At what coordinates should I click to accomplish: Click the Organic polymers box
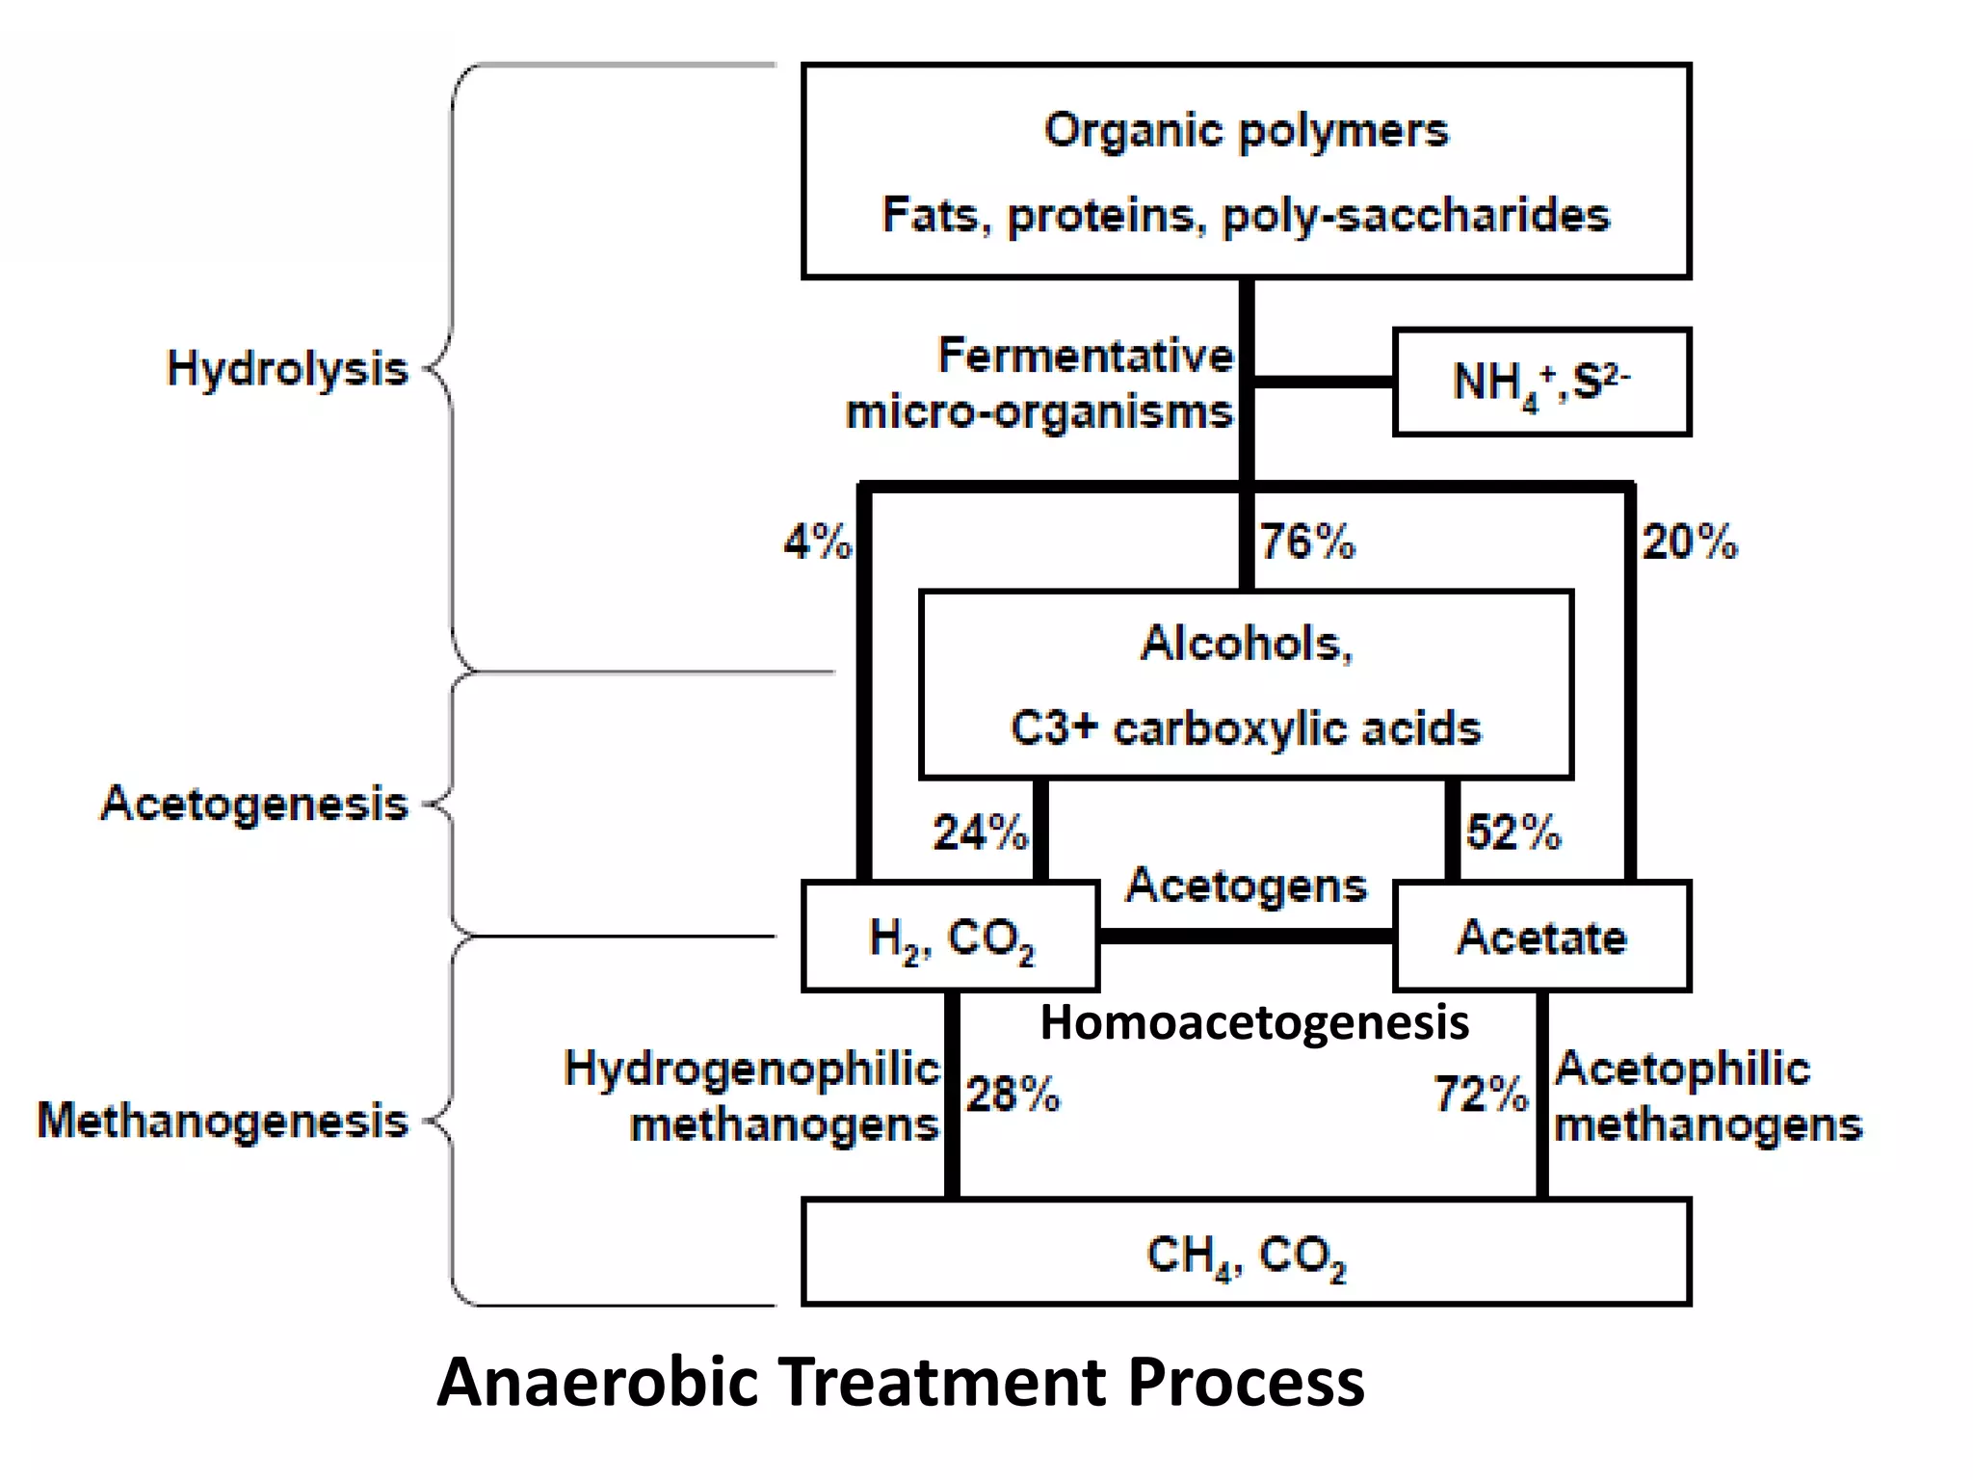pos(1246,172)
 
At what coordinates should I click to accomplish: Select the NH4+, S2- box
pos(1540,383)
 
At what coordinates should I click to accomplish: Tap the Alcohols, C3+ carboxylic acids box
pos(1246,685)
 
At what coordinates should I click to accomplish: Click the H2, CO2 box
pos(950,937)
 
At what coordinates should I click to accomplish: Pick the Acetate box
pos(1541,937)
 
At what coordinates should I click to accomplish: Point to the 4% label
pos(817,542)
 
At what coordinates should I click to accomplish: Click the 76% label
pos(1307,542)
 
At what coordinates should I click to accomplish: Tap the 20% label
pos(1690,542)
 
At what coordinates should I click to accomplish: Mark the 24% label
pos(980,832)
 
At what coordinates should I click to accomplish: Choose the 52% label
pos(1513,832)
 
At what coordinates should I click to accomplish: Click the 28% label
pos(1013,1095)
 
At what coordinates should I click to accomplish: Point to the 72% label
pos(1481,1095)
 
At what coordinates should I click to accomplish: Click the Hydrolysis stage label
pos(287,369)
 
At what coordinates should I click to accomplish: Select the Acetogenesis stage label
pos(254,804)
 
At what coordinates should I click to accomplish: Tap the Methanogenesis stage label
pos(223,1121)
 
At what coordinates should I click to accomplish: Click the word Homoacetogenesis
pos(1254,1022)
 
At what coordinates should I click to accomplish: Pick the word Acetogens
pos(1246,885)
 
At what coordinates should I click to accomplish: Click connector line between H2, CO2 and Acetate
pos(1246,937)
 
